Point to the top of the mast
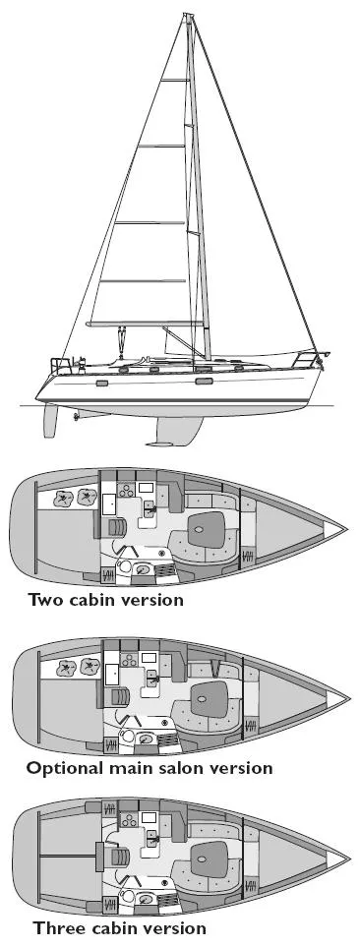(x=186, y=16)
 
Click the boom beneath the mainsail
(x=148, y=325)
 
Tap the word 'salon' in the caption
(x=173, y=767)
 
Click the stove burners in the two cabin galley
(x=126, y=489)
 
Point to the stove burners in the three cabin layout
(x=126, y=819)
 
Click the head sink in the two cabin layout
(x=144, y=569)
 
